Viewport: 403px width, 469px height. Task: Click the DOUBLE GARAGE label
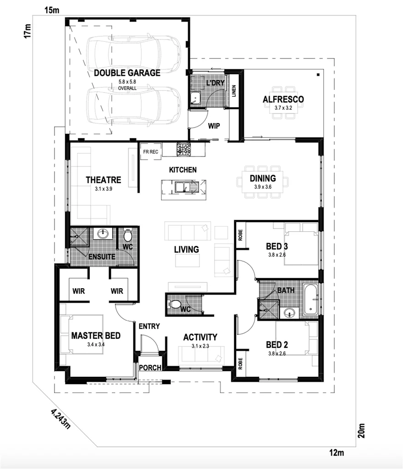(127, 73)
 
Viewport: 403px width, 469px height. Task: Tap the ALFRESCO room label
(283, 99)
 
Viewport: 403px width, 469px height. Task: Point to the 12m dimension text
(336, 453)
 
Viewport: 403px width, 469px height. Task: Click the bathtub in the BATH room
(310, 299)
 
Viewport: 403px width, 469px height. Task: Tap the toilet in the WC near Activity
(176, 304)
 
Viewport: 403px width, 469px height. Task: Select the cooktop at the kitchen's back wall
(184, 149)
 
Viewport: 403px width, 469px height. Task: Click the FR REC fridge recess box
(151, 151)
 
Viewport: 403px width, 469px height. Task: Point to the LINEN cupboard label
(233, 92)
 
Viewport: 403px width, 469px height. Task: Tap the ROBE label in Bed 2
(241, 363)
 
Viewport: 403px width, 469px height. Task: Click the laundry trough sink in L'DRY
(196, 97)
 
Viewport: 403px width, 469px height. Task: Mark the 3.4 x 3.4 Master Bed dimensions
(95, 344)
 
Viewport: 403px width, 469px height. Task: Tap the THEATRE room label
(103, 180)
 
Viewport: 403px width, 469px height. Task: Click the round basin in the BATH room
(288, 313)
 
